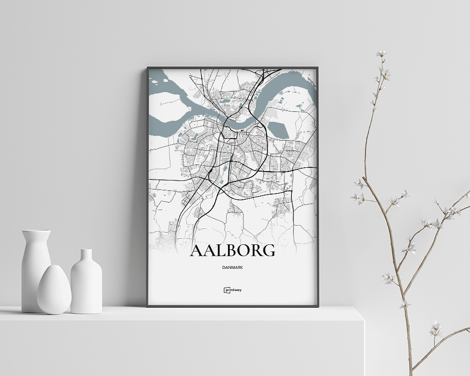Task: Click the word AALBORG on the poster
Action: (x=232, y=251)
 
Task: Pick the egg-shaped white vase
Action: (x=54, y=290)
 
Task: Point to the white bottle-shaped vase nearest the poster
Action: (x=86, y=284)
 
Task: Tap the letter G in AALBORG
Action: (x=268, y=251)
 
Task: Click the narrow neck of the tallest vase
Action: (x=36, y=235)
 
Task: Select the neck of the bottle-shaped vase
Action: (x=86, y=257)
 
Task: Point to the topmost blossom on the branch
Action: (x=381, y=54)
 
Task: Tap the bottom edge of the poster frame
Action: (x=233, y=305)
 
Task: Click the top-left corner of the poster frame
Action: (x=148, y=68)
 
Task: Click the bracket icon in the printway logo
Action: (x=226, y=290)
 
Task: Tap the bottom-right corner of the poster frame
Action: (x=318, y=306)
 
